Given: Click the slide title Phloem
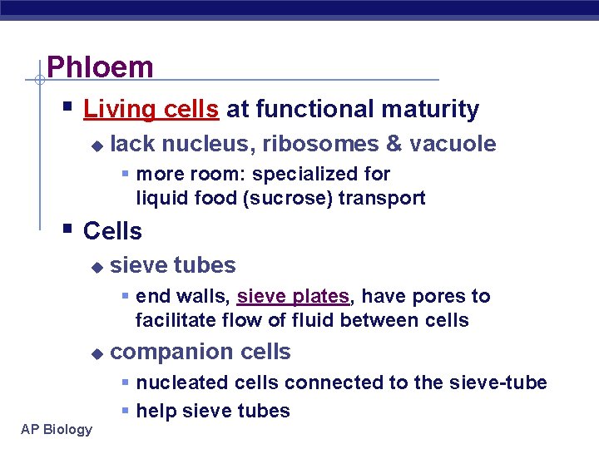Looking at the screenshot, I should click(100, 67).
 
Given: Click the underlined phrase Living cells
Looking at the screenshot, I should click(151, 109).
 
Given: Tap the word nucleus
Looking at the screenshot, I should click(207, 144).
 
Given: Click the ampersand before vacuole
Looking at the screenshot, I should click(394, 144).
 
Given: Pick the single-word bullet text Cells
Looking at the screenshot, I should click(112, 231).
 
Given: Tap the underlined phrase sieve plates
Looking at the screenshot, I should click(293, 296).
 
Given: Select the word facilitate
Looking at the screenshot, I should click(173, 320).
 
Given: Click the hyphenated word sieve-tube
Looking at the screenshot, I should click(505, 382).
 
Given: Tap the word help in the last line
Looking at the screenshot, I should click(156, 411).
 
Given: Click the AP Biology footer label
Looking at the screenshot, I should click(57, 429).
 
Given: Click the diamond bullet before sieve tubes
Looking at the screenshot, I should click(97, 267).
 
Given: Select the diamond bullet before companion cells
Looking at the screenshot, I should click(97, 353).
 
